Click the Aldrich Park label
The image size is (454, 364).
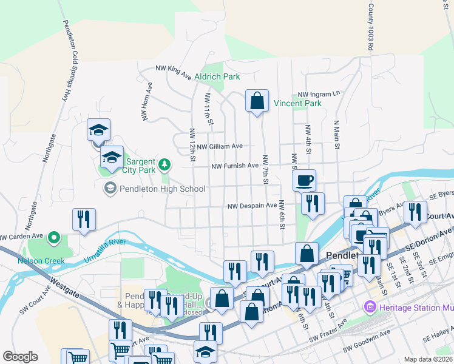click(217, 76)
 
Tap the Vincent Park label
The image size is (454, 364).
click(297, 104)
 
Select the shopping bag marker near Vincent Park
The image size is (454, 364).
click(257, 101)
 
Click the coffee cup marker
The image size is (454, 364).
click(304, 180)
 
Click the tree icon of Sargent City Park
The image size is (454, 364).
click(163, 164)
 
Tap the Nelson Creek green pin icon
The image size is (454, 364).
click(53, 237)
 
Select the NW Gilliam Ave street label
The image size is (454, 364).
click(219, 146)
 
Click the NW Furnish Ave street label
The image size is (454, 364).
click(234, 166)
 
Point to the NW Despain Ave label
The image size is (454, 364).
click(252, 206)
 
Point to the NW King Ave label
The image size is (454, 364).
click(173, 72)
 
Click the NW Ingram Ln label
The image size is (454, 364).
click(319, 95)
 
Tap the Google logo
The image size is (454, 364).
click(20, 357)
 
